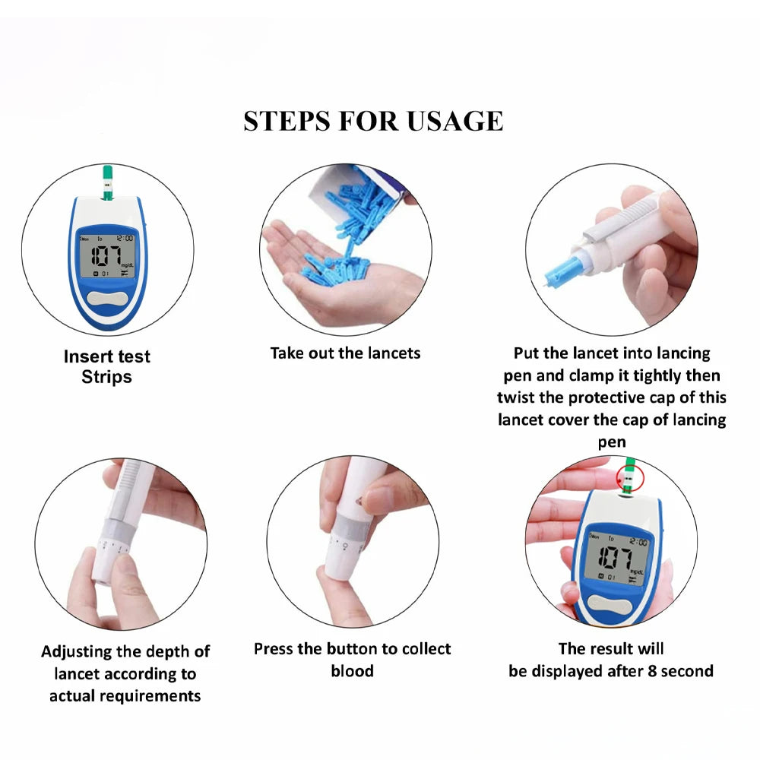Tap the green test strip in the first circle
click(x=106, y=182)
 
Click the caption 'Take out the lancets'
click(x=345, y=353)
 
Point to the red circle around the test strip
click(x=630, y=477)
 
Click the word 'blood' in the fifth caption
click(x=352, y=671)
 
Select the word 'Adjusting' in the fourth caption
click(x=78, y=651)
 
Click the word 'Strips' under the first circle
click(x=106, y=377)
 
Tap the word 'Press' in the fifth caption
click(x=274, y=649)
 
